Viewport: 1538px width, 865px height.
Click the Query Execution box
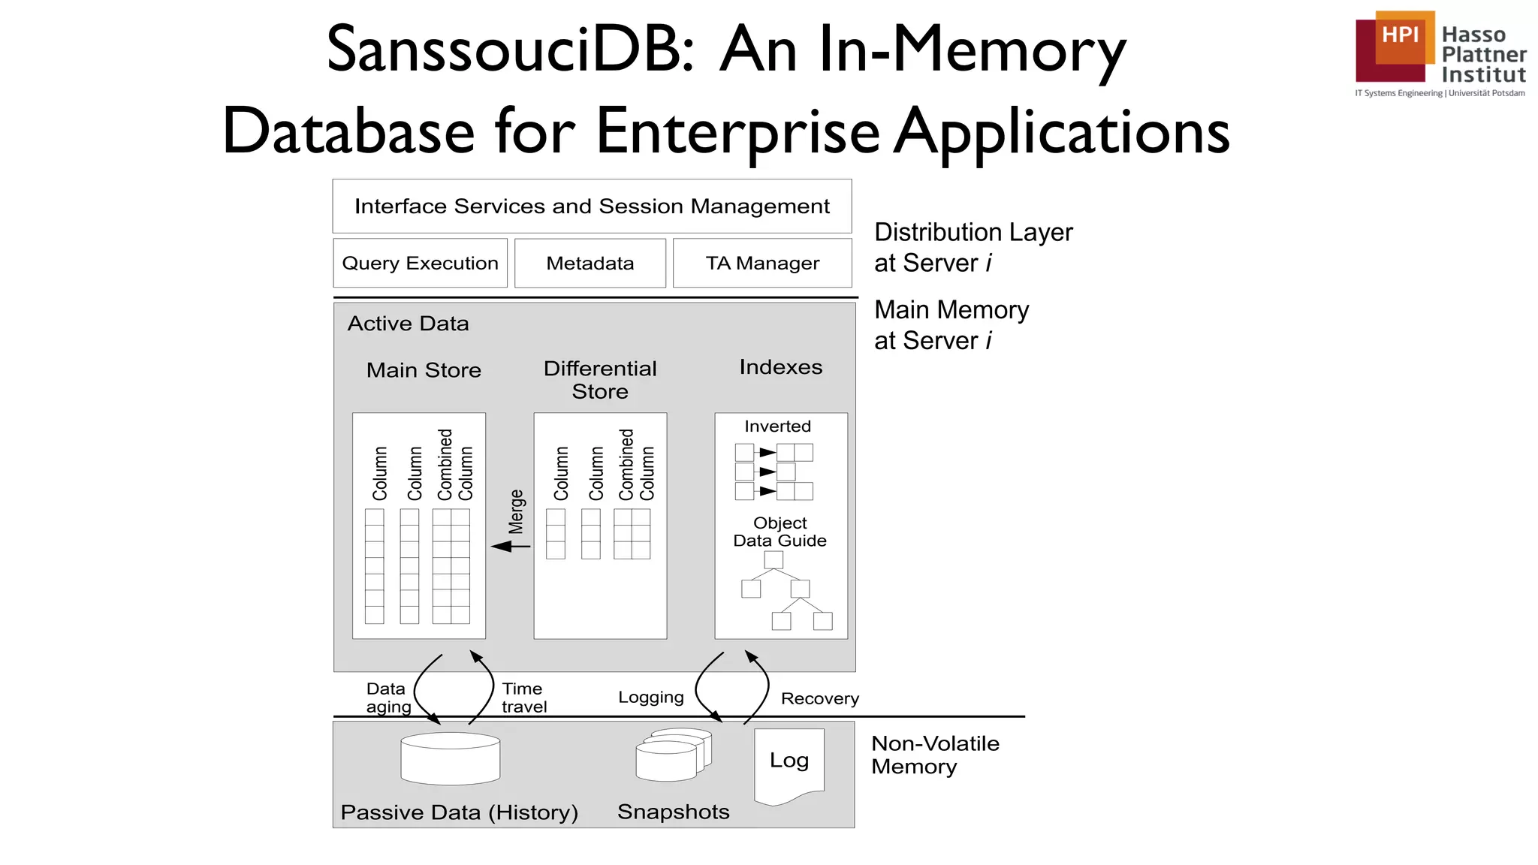(420, 263)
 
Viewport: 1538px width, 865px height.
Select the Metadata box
(590, 263)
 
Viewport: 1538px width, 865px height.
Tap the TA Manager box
(762, 263)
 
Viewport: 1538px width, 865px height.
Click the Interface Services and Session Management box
(592, 206)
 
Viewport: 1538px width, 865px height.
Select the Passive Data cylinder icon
(451, 758)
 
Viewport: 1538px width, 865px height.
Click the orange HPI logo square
(1401, 36)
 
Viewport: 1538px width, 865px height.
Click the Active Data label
(408, 324)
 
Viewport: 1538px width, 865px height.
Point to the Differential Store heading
(600, 380)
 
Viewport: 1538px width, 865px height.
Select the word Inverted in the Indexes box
(777, 426)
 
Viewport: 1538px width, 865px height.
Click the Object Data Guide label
(780, 532)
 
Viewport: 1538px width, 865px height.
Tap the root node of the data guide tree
(774, 559)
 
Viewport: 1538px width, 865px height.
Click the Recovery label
(819, 698)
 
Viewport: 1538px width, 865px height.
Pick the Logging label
(650, 697)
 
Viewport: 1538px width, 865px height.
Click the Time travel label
(523, 698)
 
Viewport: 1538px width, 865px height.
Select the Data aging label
(388, 698)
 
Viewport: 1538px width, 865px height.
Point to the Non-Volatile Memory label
(935, 755)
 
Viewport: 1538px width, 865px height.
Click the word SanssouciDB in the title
(511, 50)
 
